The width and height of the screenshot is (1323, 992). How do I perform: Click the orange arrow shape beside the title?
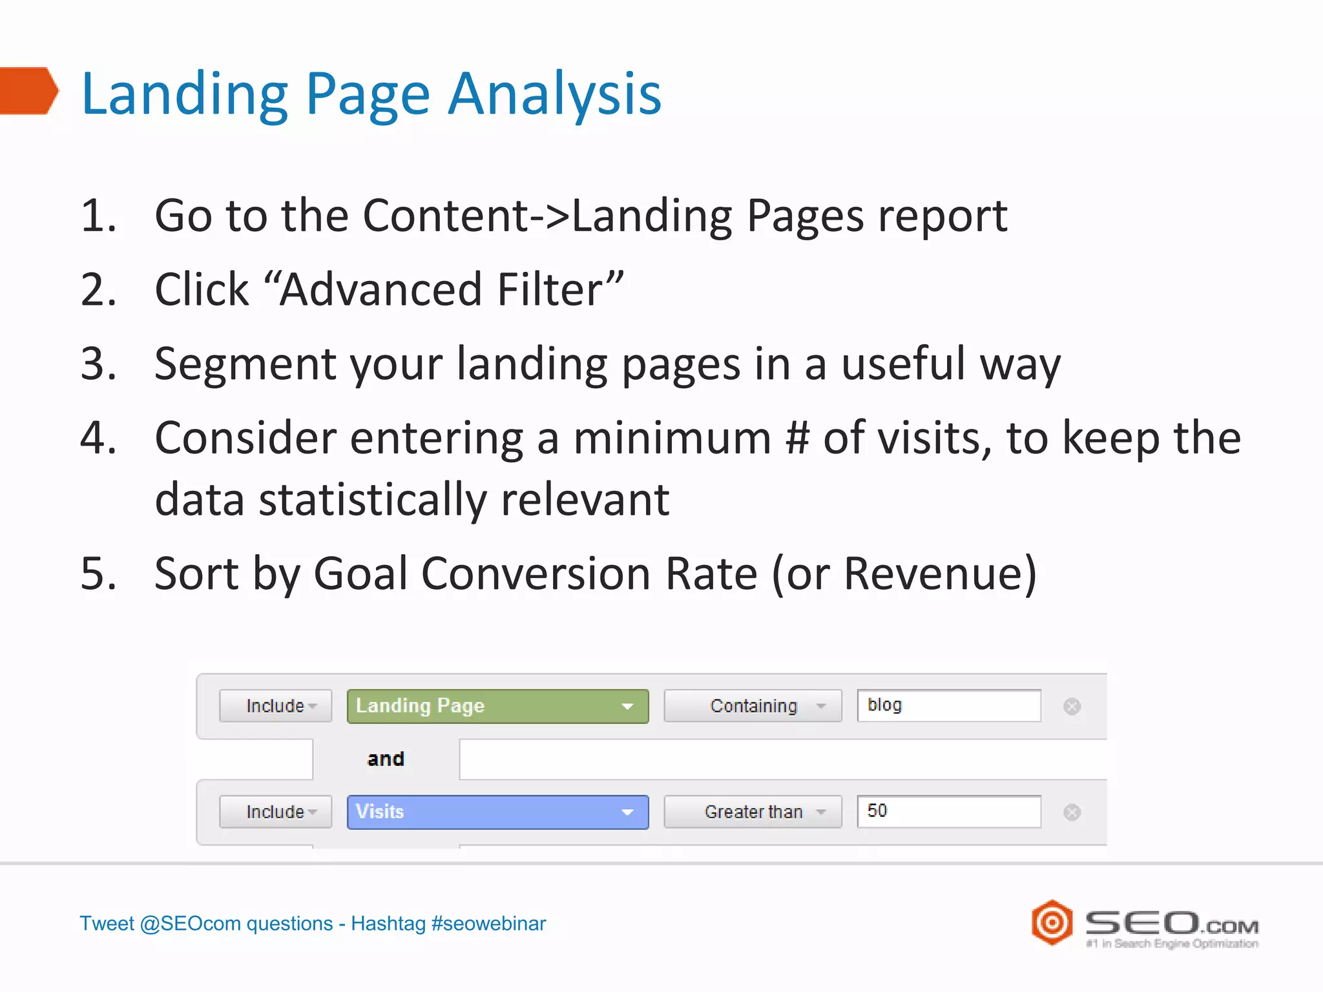(x=29, y=90)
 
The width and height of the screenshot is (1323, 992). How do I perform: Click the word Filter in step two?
(x=549, y=289)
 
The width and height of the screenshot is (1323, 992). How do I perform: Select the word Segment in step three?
(x=245, y=364)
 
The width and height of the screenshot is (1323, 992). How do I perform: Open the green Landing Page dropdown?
(x=497, y=706)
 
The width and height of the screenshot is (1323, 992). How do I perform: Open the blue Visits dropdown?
(x=497, y=812)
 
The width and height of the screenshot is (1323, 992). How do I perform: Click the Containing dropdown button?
(x=753, y=706)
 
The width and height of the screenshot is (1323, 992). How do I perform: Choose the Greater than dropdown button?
(x=753, y=812)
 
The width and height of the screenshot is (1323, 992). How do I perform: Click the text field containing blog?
(x=948, y=705)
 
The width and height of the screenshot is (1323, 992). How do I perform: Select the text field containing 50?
(x=948, y=811)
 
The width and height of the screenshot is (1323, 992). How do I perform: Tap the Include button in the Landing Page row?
(x=275, y=706)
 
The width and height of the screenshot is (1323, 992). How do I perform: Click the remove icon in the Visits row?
(x=1072, y=812)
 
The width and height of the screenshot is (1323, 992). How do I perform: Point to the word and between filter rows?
(x=386, y=759)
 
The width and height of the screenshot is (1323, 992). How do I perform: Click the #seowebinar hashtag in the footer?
(x=488, y=924)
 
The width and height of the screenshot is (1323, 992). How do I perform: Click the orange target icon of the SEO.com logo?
(x=1052, y=922)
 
